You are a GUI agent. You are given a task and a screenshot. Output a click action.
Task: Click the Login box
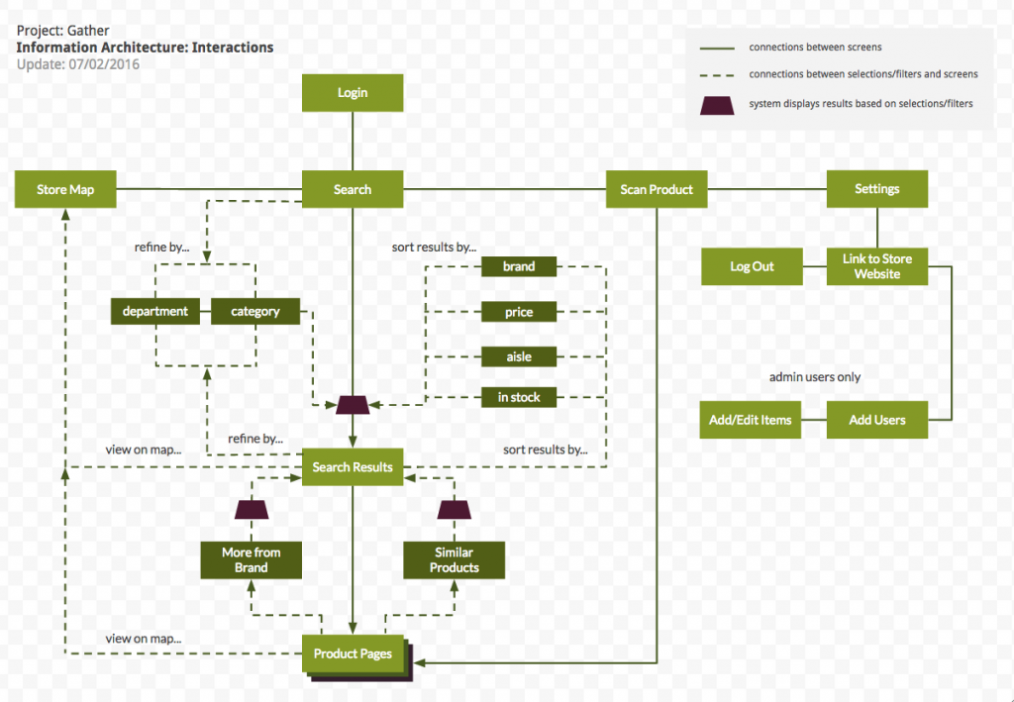click(352, 92)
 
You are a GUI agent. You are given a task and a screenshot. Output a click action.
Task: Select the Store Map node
click(65, 189)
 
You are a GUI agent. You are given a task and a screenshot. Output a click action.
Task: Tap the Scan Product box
click(657, 189)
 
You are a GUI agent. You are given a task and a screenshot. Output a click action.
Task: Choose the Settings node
click(876, 188)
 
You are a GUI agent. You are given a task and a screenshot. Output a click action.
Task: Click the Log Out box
click(752, 266)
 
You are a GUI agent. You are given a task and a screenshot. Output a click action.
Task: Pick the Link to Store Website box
click(876, 266)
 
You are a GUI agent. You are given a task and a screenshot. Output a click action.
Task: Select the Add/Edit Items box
click(750, 420)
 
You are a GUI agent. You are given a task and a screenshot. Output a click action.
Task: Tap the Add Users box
click(876, 420)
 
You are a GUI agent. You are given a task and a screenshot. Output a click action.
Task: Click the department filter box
click(155, 311)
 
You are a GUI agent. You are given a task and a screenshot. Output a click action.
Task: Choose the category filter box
click(255, 311)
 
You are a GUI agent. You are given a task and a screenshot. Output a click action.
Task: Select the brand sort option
click(518, 266)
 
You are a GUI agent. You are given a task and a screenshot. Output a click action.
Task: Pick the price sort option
click(518, 312)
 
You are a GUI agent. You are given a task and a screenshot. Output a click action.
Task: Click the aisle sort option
click(518, 355)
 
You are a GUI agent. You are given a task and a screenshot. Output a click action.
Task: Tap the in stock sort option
click(518, 397)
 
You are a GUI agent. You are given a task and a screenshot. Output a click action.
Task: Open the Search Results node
click(352, 466)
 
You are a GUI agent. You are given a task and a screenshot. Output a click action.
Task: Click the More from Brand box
click(252, 559)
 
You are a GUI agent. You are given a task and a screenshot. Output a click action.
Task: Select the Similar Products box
click(454, 559)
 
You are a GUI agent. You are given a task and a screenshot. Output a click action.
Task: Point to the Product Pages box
click(353, 653)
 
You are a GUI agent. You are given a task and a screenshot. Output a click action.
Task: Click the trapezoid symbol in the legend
click(717, 104)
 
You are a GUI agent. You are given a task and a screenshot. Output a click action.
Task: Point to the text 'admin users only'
click(815, 377)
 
